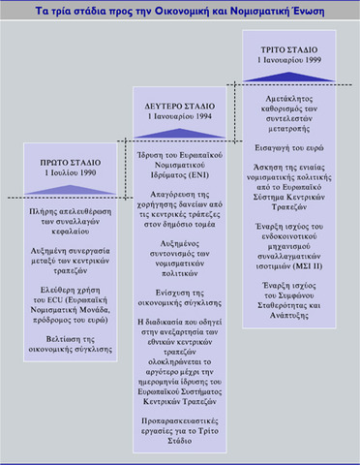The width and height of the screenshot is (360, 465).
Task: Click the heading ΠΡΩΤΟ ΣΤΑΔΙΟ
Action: click(65, 159)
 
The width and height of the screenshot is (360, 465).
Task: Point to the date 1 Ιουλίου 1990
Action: click(65, 170)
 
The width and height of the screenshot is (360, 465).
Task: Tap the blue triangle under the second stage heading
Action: click(182, 129)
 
